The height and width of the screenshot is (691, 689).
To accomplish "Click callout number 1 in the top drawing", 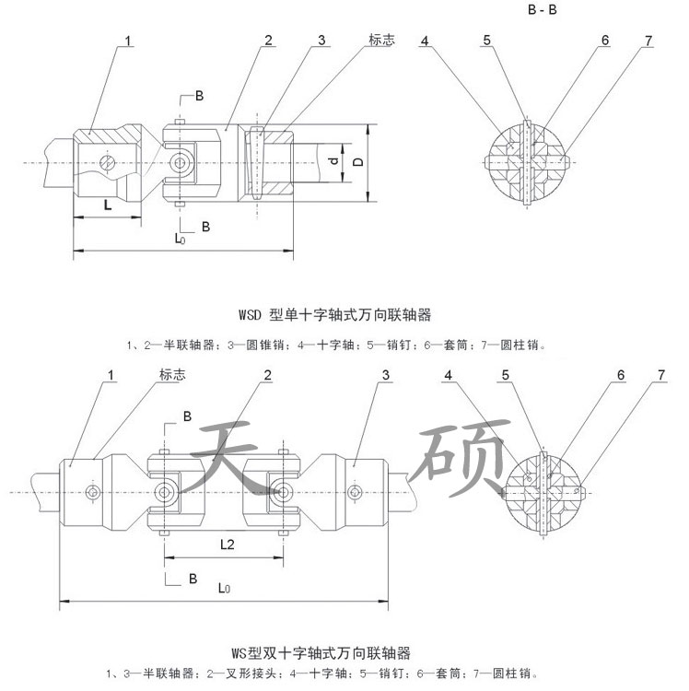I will tap(129, 41).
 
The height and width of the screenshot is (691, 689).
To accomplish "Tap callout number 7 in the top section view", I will tap(649, 41).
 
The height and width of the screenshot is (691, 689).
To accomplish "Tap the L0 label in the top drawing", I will tap(181, 238).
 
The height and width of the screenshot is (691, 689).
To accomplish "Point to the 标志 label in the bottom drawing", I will tap(171, 375).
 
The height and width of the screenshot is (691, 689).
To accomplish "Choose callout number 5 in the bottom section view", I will tap(507, 376).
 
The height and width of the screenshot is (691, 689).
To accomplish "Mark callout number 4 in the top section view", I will tap(426, 41).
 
